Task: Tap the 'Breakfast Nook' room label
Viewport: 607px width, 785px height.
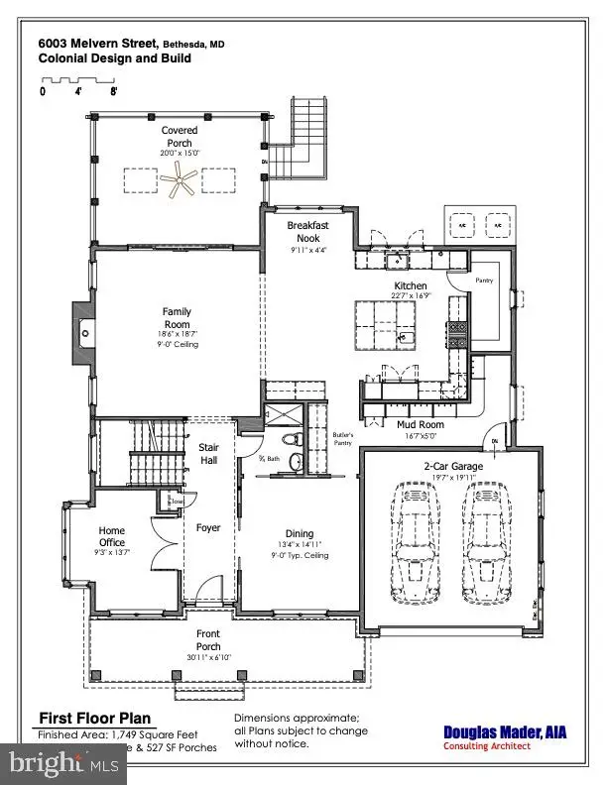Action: coord(308,232)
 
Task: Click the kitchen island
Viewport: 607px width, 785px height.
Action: coord(383,328)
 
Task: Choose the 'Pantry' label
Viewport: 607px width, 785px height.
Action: coord(484,280)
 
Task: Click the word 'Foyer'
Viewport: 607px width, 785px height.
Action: coord(208,527)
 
